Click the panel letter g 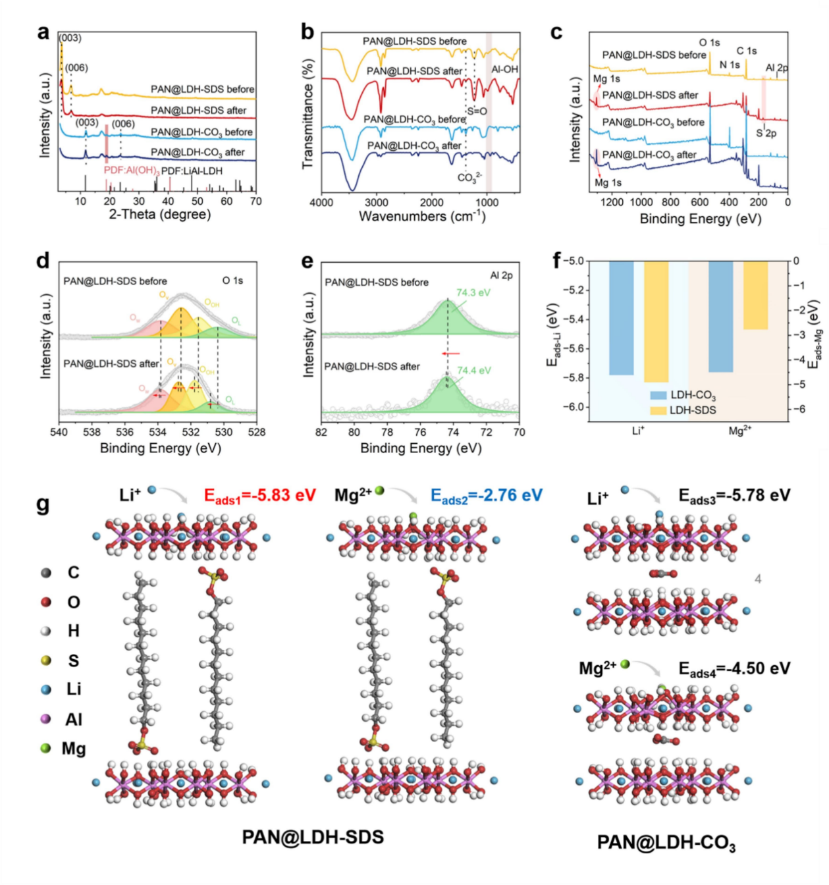pyautogui.click(x=43, y=505)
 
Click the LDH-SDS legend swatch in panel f pyautogui.click(x=658, y=410)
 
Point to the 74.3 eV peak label pyautogui.click(x=473, y=292)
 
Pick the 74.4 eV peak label pyautogui.click(x=474, y=370)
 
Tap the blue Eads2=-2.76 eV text pyautogui.click(x=487, y=496)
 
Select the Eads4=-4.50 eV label pyautogui.click(x=734, y=669)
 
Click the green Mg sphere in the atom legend pyautogui.click(x=45, y=748)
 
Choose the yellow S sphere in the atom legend pyautogui.click(x=45, y=660)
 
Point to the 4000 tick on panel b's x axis pyautogui.click(x=321, y=202)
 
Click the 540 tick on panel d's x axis pyautogui.click(x=59, y=432)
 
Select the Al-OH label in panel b pyautogui.click(x=504, y=69)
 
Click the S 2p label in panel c pyautogui.click(x=766, y=133)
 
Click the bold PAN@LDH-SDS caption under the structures pyautogui.click(x=313, y=837)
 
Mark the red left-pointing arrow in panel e pyautogui.click(x=451, y=354)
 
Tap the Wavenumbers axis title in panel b pyautogui.click(x=422, y=216)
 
